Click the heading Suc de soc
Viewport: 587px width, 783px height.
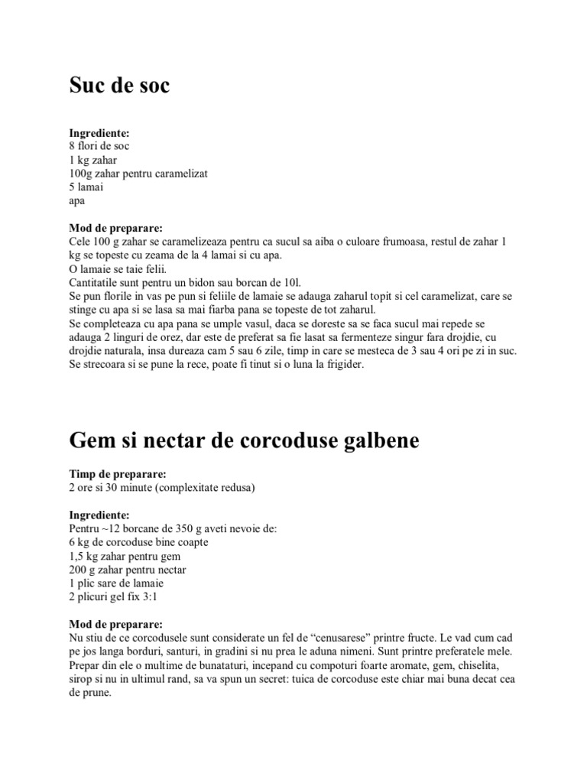pyautogui.click(x=119, y=86)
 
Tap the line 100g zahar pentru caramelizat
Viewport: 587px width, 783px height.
pyautogui.click(x=138, y=174)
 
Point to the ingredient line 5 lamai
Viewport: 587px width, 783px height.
pyautogui.click(x=86, y=187)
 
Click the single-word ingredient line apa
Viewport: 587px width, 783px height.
pyautogui.click(x=77, y=201)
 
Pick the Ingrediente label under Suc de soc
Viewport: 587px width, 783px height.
pyautogui.click(x=99, y=133)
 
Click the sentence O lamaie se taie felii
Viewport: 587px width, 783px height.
pyautogui.click(x=117, y=269)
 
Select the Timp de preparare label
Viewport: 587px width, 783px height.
pyautogui.click(x=118, y=474)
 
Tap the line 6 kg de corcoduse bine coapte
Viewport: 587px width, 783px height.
pyautogui.click(x=138, y=542)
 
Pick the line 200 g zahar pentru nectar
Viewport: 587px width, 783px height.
pyautogui.click(x=128, y=570)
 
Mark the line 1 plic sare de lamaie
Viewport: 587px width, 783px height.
pyautogui.click(x=116, y=583)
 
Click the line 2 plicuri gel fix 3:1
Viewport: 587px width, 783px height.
pyautogui.click(x=115, y=597)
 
